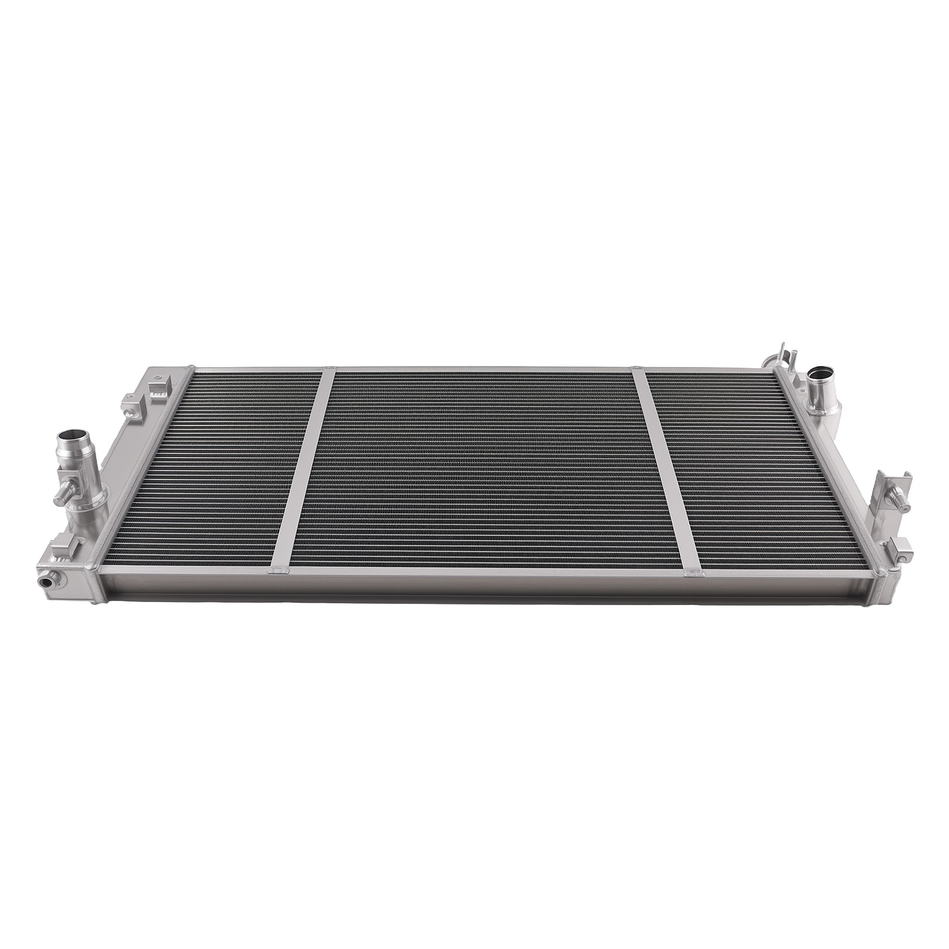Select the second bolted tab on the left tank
(132, 402)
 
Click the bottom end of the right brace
(692, 572)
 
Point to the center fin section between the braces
(480, 469)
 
